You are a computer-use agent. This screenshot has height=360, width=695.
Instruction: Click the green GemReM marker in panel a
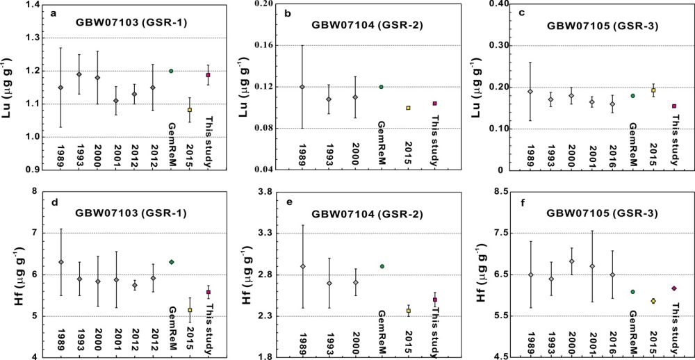[x=171, y=71]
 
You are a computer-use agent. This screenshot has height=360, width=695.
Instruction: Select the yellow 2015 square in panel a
[x=189, y=110]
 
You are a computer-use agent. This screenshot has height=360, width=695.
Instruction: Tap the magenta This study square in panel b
[x=434, y=104]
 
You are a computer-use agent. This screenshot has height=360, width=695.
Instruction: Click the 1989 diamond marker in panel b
[x=302, y=87]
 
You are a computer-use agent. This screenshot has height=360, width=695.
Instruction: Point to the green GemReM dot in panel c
[x=633, y=96]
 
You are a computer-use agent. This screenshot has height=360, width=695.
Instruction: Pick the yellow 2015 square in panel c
[x=653, y=90]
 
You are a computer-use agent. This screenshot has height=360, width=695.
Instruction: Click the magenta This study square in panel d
[x=208, y=293]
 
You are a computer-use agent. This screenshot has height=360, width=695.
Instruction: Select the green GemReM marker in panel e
[x=382, y=266]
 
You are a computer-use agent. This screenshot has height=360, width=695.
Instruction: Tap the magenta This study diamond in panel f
[x=673, y=288]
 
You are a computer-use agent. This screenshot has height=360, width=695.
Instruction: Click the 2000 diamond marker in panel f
[x=572, y=261]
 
